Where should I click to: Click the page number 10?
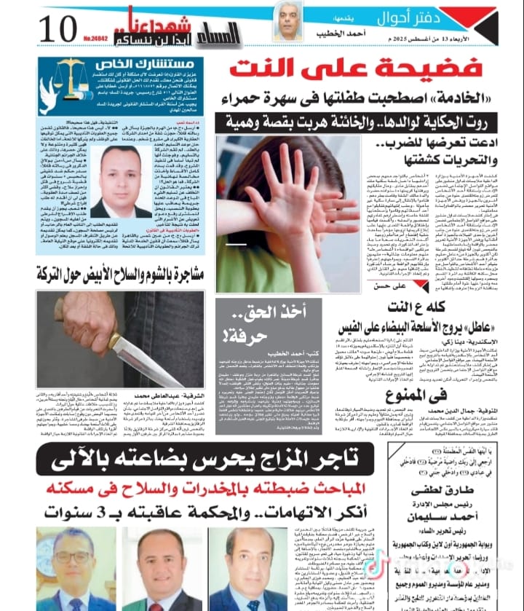[57, 29]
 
